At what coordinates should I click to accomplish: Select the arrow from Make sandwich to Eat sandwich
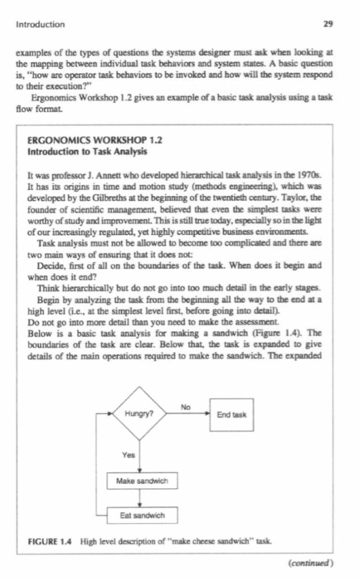(x=142, y=497)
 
